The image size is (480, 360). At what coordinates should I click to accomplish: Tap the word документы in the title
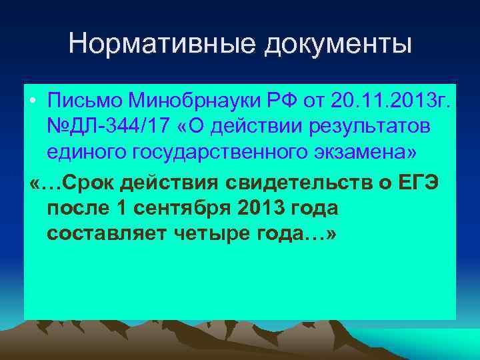tap(339, 45)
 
